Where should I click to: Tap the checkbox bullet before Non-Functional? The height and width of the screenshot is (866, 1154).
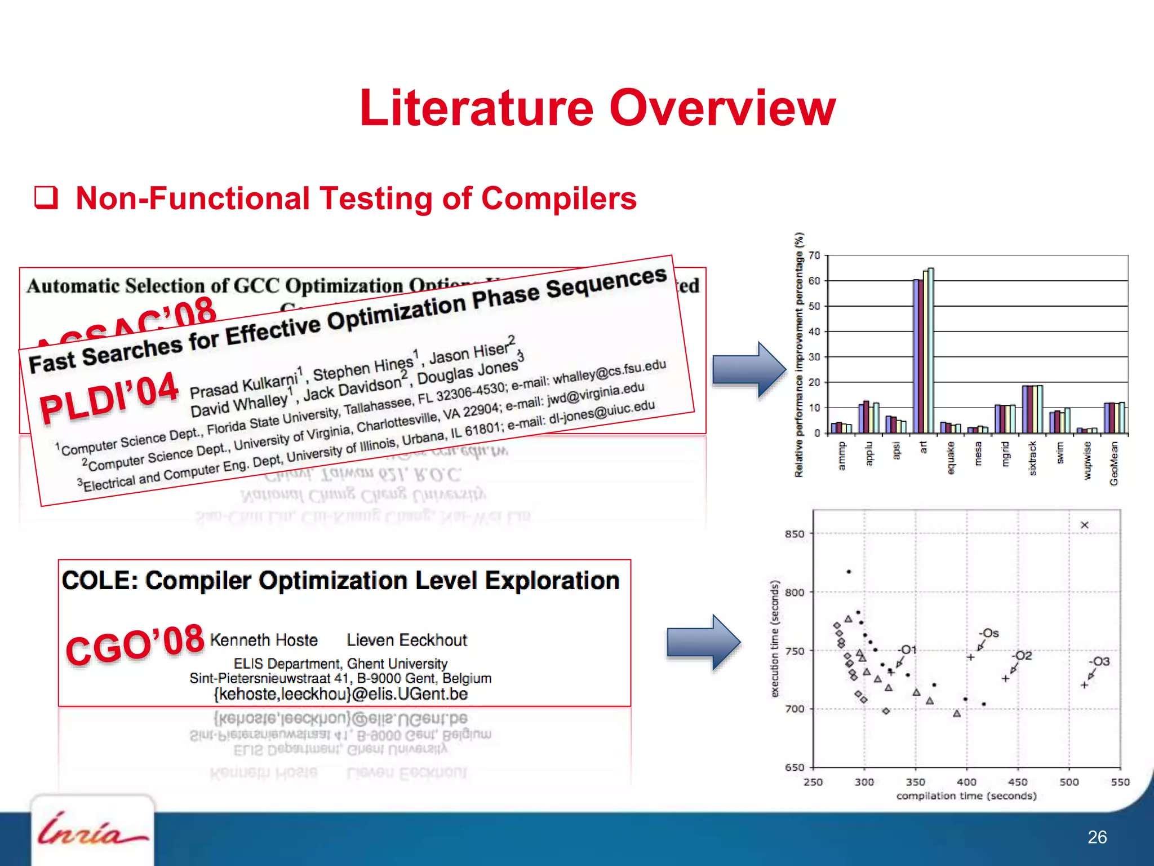[46, 198]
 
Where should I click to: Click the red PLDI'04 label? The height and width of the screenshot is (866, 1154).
[109, 397]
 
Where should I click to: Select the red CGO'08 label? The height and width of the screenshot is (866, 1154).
[135, 644]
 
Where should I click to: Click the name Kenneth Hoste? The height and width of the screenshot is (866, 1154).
[264, 640]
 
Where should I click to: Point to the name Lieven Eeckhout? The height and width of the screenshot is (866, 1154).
[407, 640]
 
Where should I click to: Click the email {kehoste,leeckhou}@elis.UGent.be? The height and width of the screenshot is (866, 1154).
[340, 693]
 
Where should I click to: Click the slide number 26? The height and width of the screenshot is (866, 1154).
[1097, 837]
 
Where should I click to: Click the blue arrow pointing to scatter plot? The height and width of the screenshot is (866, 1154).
[703, 642]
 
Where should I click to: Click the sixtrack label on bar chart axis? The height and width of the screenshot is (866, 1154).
[1033, 458]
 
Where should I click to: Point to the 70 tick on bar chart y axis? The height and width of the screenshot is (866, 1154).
[814, 256]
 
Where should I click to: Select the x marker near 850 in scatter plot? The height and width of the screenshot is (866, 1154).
[1084, 525]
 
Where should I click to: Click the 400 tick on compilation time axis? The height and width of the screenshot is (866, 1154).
[966, 782]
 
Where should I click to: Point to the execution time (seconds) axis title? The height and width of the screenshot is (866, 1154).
[775, 639]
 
